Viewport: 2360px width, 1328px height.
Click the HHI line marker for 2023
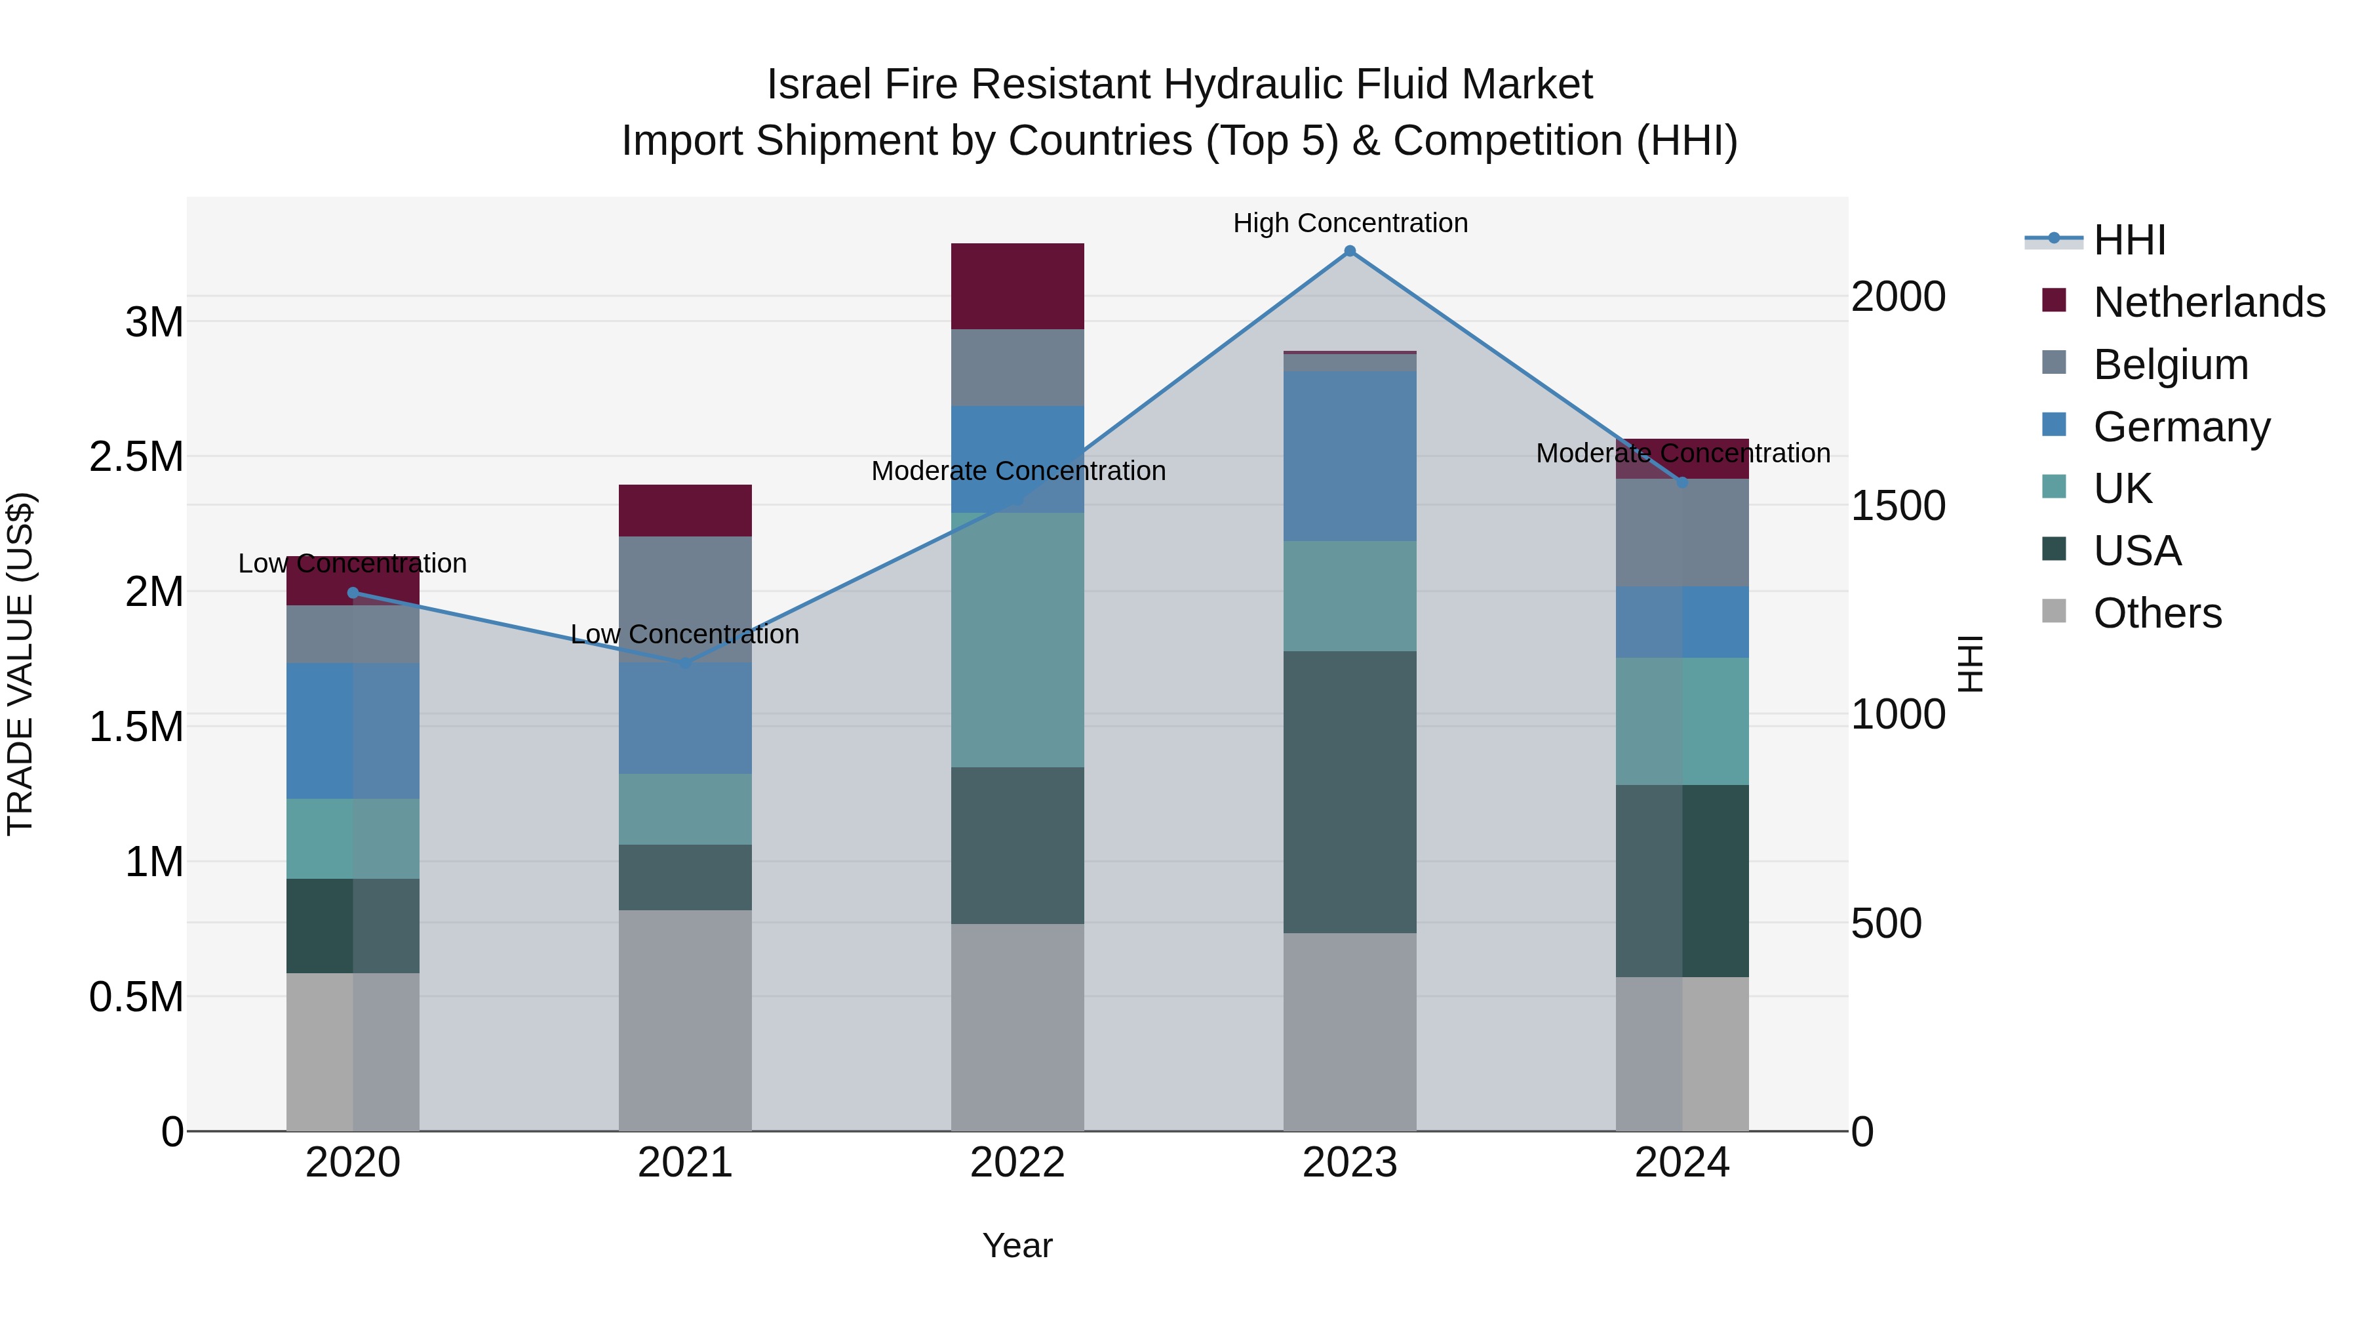pyautogui.click(x=1350, y=251)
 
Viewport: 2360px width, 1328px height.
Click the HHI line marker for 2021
pyautogui.click(x=684, y=662)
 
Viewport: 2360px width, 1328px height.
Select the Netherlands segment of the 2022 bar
pyautogui.click(x=1017, y=286)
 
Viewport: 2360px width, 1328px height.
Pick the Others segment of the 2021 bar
pyautogui.click(x=684, y=1019)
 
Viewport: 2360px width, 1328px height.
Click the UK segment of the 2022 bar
pyautogui.click(x=1017, y=639)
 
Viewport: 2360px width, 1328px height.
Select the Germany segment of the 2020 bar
pyautogui.click(x=353, y=731)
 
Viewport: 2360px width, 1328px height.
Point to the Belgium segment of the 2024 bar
pyautogui.click(x=1682, y=533)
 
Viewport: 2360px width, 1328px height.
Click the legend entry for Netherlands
pyautogui.click(x=2208, y=302)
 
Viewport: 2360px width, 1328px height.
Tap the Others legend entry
pyautogui.click(x=2157, y=613)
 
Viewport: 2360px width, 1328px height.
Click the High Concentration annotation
pyautogui.click(x=1350, y=223)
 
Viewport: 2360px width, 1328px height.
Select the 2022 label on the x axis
pyautogui.click(x=1017, y=1163)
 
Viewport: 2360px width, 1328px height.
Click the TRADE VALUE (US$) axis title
pyautogui.click(x=20, y=664)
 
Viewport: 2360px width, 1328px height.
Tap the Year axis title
pyautogui.click(x=1017, y=1245)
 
